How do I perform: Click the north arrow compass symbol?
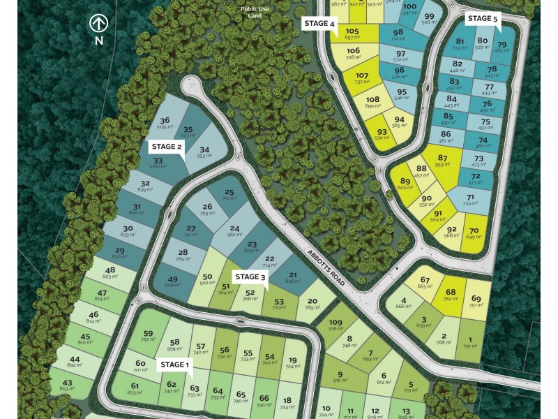tap(99, 24)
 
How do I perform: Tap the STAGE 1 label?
tap(174, 365)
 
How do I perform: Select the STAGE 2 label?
tap(167, 147)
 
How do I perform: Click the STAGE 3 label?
tap(250, 277)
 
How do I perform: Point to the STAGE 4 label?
tap(319, 23)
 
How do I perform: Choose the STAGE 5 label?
tap(483, 18)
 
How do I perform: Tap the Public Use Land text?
tap(255, 12)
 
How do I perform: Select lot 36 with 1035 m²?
tap(165, 123)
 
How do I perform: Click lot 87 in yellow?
tap(442, 161)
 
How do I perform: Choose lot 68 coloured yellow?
tap(451, 295)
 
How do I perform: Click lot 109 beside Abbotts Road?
tap(336, 325)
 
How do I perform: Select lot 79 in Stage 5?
tap(502, 47)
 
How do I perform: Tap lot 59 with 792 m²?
tap(148, 336)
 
